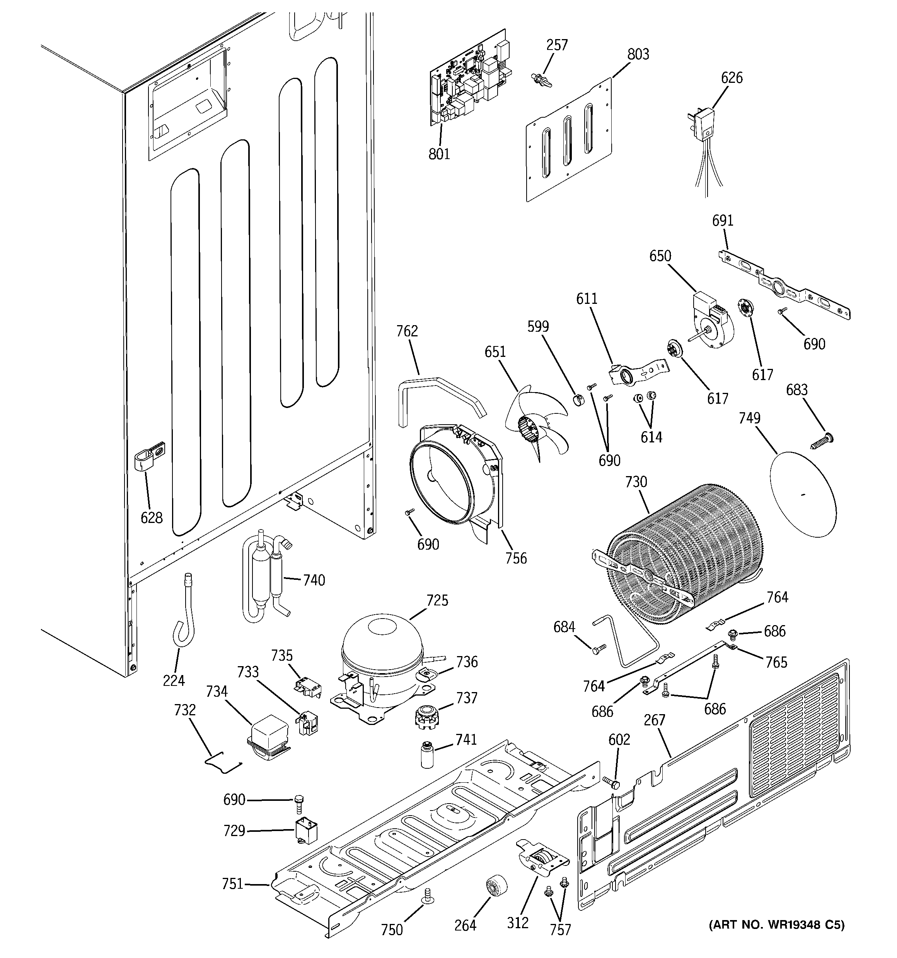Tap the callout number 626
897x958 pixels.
[x=732, y=77]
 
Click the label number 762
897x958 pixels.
[x=407, y=331]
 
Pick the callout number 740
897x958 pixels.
[x=314, y=580]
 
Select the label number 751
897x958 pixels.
[x=232, y=884]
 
